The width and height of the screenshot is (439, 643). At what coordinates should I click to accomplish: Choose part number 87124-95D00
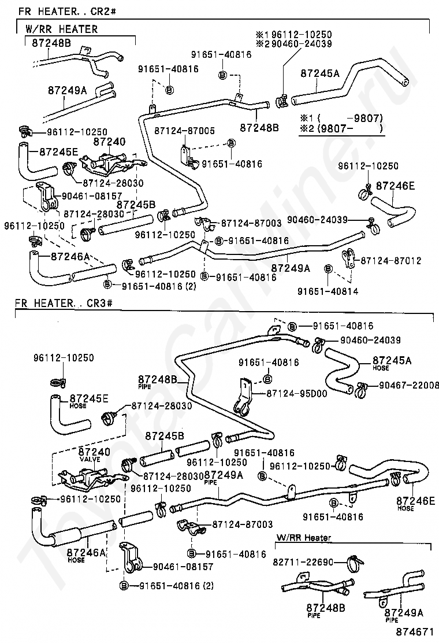coord(297,393)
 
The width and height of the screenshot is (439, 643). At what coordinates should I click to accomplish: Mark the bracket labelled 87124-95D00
coord(243,398)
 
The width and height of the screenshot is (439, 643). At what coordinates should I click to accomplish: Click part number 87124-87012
coord(391,261)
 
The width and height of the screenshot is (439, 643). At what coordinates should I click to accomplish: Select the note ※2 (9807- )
coord(341,128)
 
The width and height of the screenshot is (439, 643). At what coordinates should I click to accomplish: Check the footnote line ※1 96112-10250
coord(295,34)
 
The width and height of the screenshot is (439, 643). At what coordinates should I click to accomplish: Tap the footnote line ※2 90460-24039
coord(295,44)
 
